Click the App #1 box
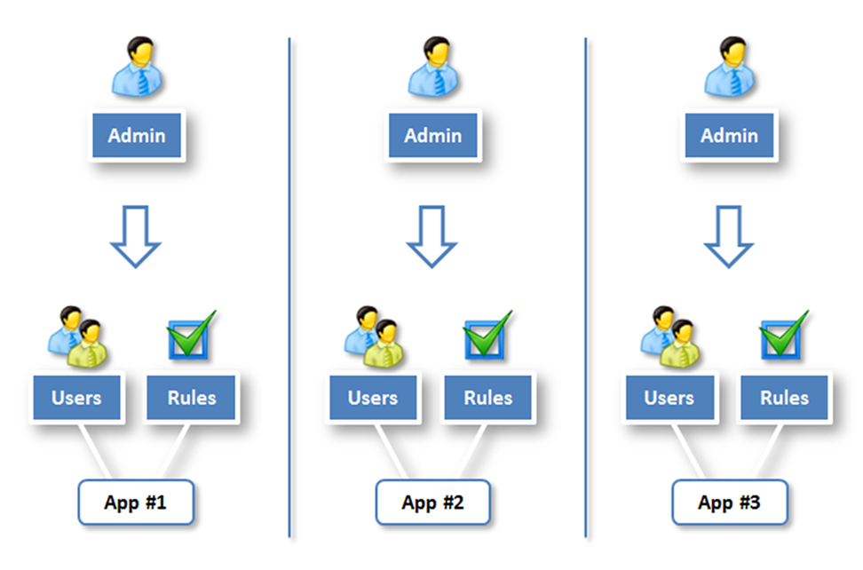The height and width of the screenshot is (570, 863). tap(136, 503)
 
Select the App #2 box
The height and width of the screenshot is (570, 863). tap(432, 503)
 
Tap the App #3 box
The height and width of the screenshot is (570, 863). tap(729, 503)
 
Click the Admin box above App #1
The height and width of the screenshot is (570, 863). tap(137, 136)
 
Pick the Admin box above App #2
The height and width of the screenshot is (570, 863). tap(433, 136)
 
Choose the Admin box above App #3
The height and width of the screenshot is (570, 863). tap(730, 136)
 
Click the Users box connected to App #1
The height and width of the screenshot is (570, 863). tap(76, 397)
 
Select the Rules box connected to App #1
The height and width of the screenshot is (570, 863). tap(192, 397)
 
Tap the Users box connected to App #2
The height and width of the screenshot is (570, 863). tap(373, 397)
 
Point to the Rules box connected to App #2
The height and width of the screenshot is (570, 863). tap(488, 397)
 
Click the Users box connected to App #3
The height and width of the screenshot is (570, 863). tap(669, 397)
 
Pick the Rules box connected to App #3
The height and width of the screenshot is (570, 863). tap(785, 397)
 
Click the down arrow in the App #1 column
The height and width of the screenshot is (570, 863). tap(135, 236)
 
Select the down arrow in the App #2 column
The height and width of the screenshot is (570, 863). tap(431, 236)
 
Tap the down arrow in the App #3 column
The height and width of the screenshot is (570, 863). tap(728, 236)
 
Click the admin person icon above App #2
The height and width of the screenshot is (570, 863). tap(432, 67)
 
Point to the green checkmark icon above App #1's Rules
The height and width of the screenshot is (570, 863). tap(192, 336)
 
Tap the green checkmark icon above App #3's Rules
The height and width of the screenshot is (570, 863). tap(785, 336)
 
